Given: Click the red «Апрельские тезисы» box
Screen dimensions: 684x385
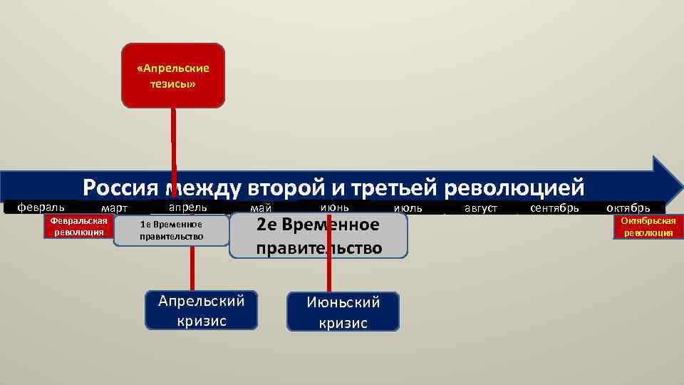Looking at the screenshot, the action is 173,76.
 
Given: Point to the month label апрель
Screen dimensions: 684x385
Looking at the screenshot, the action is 187,207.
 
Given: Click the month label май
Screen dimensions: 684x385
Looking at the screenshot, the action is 261,208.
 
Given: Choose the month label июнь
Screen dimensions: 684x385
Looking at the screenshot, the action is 334,207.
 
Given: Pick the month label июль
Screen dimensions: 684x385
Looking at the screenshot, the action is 408,208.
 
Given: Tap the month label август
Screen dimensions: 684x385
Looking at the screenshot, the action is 481,208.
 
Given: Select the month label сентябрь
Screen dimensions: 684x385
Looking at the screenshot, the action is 555,207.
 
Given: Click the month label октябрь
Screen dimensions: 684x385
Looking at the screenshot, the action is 628,208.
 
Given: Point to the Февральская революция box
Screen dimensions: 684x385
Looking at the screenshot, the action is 78,227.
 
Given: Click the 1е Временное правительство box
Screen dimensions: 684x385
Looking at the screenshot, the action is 172,230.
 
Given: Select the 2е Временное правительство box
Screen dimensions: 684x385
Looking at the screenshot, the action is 318,236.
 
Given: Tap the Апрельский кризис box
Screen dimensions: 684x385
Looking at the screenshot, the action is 202,310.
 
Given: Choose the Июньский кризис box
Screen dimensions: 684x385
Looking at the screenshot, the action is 343,312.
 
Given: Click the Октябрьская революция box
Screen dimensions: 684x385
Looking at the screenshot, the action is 648,227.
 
